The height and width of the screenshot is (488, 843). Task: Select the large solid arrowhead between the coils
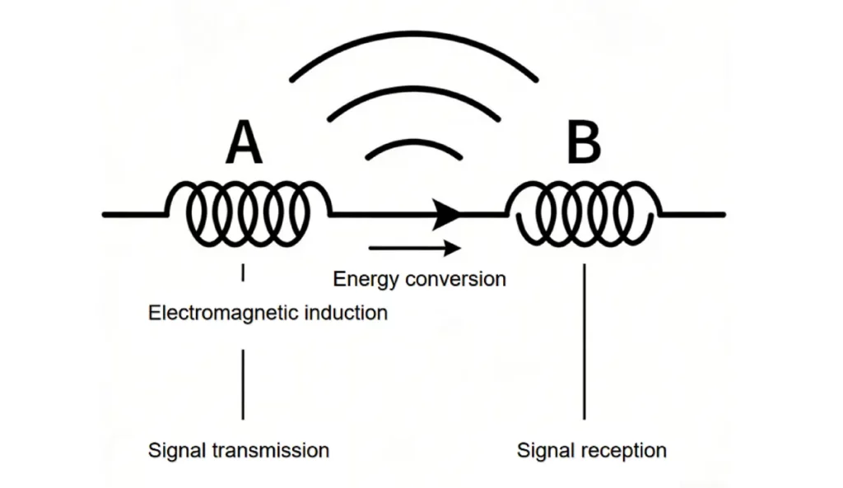coord(447,214)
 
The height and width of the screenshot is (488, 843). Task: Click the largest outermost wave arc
coord(414,43)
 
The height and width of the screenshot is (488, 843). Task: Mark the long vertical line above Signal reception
coord(585,342)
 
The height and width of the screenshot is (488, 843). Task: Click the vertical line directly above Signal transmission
coord(243,384)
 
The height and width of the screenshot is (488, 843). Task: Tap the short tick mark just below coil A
coord(243,273)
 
